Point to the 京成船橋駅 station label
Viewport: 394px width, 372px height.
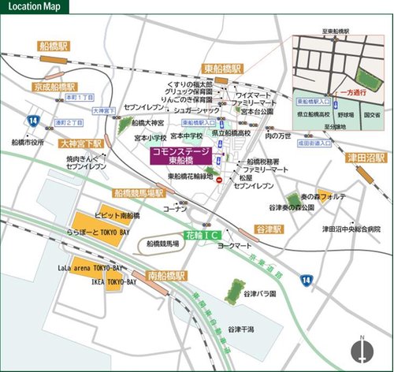point(54,85)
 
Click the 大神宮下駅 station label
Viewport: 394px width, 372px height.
point(82,144)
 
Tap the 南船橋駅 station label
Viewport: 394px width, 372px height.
point(166,276)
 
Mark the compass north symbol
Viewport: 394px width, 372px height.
point(360,350)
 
